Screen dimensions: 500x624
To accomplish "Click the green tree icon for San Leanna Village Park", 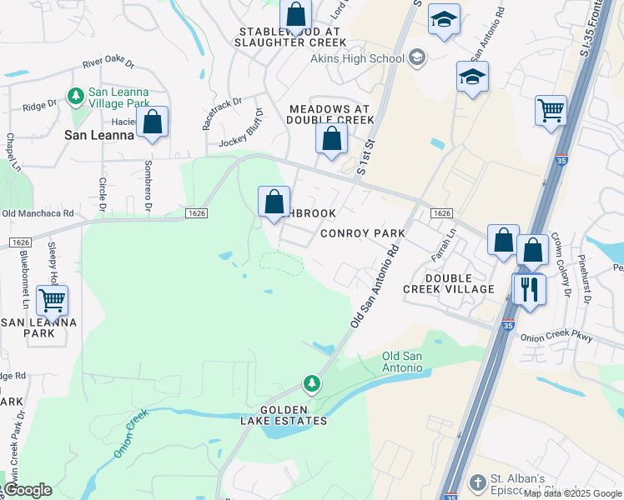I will pyautogui.click(x=76, y=97).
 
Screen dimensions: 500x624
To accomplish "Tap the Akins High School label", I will pyautogui.click(x=357, y=58).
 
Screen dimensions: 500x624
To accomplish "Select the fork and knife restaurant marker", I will pyautogui.click(x=529, y=289).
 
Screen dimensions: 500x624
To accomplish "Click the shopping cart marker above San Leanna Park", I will pyautogui.click(x=53, y=300).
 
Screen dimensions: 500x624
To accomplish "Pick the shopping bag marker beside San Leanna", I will pyautogui.click(x=153, y=122).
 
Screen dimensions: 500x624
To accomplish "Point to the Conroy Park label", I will pyautogui.click(x=363, y=233).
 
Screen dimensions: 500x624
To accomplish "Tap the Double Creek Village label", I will pyautogui.click(x=448, y=283).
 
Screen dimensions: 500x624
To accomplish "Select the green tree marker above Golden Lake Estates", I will pyautogui.click(x=312, y=383).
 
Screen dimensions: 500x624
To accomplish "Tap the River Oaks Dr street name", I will pyautogui.click(x=108, y=63).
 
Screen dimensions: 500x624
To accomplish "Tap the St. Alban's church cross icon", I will pyautogui.click(x=477, y=482).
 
